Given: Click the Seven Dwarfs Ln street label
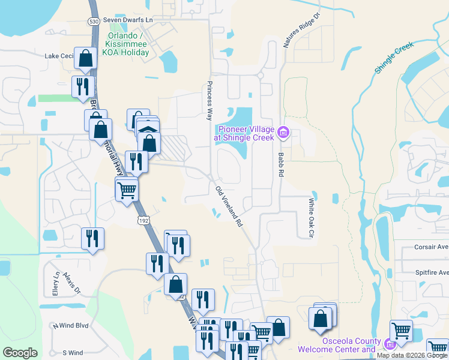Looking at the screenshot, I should point(128,20).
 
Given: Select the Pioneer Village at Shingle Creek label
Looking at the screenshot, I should point(246,133).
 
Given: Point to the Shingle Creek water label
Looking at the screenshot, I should point(394,58).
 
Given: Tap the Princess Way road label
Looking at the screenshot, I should point(209,100).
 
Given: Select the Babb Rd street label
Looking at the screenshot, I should point(280,164).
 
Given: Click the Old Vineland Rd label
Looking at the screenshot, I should point(229,206).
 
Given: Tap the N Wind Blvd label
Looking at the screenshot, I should point(70,326).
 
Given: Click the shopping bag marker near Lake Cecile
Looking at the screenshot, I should point(85,59).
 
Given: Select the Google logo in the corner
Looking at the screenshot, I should point(20,352).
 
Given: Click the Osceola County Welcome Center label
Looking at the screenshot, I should point(351,345).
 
